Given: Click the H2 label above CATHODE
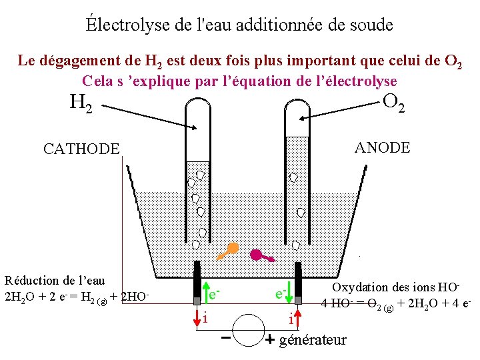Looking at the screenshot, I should (x=81, y=103).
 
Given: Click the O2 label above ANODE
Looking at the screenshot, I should (x=394, y=103).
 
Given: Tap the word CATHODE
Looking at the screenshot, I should (x=81, y=149).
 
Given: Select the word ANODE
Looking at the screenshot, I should (x=383, y=147).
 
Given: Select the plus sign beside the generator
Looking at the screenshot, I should (x=270, y=340).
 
